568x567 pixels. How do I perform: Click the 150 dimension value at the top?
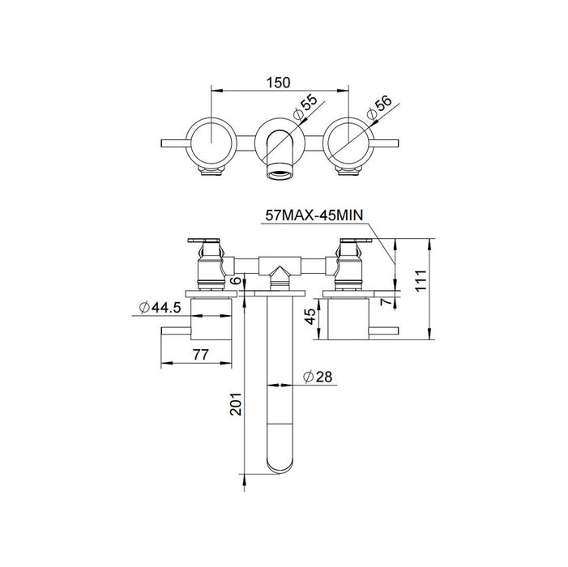tap(279, 82)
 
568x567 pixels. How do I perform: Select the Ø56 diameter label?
tap(380, 106)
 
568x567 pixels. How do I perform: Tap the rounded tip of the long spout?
tap(280, 470)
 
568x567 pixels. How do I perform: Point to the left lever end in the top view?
tap(167, 144)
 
